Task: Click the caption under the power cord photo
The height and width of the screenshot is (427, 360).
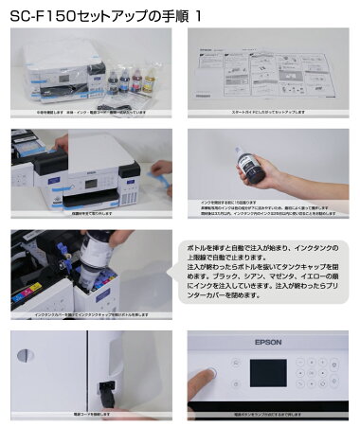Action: [x=90, y=414]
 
